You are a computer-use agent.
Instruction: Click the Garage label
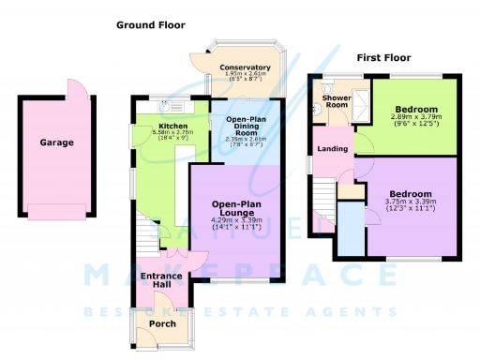56,143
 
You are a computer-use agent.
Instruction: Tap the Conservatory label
245,67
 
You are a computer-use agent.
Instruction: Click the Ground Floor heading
151,25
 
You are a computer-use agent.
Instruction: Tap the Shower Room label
336,100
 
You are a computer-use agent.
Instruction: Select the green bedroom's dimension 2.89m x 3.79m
414,119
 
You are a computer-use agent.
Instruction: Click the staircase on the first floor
324,201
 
